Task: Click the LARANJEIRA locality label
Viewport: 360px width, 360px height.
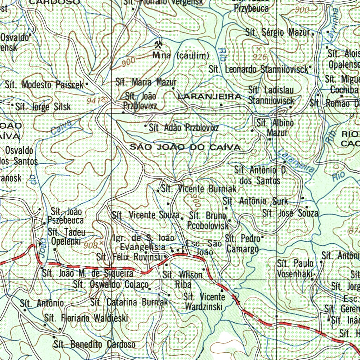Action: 210,96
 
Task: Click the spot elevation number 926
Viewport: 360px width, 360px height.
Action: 260,56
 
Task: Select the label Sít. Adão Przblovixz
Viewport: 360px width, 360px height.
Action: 184,128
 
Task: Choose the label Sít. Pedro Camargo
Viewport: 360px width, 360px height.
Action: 243,244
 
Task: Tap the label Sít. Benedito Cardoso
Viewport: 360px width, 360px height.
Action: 95,344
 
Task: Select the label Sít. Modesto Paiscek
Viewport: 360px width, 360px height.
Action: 44,85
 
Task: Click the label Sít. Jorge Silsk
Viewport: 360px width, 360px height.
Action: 43,107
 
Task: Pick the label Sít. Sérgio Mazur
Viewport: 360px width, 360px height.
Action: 278,33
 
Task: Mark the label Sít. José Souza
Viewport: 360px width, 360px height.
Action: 290,213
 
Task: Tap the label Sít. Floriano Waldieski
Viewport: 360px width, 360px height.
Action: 86,319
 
